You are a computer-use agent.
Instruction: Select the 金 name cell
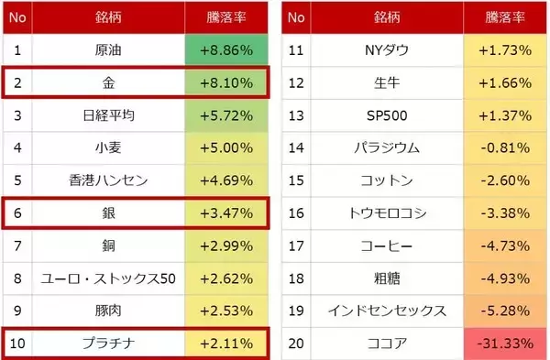pos(109,82)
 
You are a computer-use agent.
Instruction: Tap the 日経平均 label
pos(109,115)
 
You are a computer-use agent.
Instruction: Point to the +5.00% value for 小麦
pos(226,147)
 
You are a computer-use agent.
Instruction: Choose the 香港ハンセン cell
pos(109,180)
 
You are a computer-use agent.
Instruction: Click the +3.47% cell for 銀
pos(226,213)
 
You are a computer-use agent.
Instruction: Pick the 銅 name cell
pos(109,245)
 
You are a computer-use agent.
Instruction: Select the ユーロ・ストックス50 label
pos(109,278)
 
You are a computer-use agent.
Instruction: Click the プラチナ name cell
pos(109,344)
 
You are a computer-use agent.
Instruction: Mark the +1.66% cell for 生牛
pos(505,82)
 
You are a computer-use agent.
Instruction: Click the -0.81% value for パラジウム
pos(505,147)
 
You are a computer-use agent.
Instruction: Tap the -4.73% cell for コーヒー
pos(505,245)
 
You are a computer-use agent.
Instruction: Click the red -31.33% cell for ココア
pos(505,344)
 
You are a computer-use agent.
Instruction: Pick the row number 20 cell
pos(296,344)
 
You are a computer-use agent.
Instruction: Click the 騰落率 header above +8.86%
pos(226,16)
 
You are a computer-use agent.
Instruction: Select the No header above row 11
pos(296,16)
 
